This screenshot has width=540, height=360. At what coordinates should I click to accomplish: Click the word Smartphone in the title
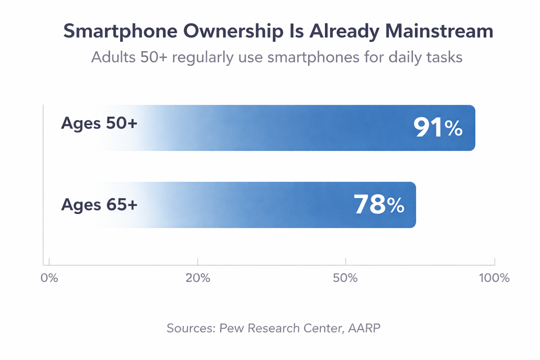tap(120, 31)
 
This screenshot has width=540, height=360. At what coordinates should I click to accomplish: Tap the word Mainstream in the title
tap(439, 31)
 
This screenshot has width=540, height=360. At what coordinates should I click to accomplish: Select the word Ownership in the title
tap(233, 31)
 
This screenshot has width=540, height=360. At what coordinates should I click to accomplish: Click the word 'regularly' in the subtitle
tap(202, 57)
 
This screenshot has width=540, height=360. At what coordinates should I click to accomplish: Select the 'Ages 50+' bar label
tap(99, 123)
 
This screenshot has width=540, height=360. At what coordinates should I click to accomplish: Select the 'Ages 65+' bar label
tap(99, 205)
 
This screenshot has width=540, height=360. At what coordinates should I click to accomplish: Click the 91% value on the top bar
tap(438, 128)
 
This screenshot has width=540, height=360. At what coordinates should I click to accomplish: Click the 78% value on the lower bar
tap(379, 205)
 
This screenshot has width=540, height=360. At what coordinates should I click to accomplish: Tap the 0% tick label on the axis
tap(49, 278)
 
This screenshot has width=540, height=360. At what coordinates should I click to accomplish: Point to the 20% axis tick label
tap(198, 278)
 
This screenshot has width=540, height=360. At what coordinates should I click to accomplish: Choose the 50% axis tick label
tap(345, 278)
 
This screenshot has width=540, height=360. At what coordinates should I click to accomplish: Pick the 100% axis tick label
tap(494, 278)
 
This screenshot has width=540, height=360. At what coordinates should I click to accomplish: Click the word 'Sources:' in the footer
tap(191, 328)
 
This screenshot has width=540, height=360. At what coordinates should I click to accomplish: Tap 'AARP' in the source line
tap(364, 328)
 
